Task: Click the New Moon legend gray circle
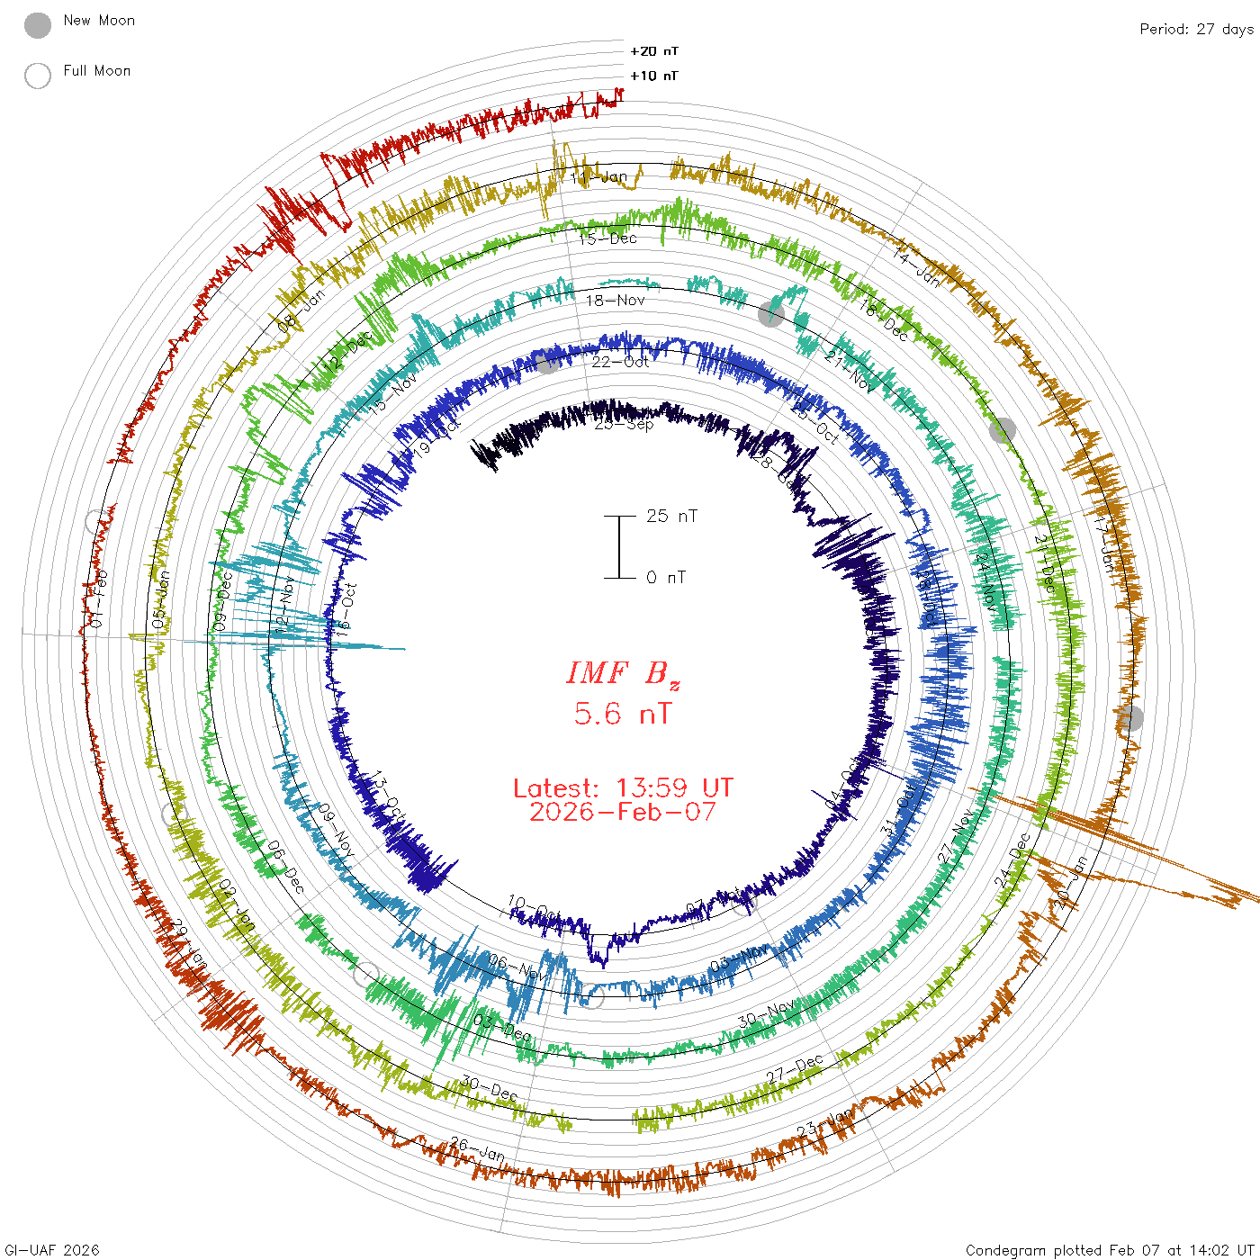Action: coord(38,26)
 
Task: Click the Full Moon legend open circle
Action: coord(38,76)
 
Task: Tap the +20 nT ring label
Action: coord(654,51)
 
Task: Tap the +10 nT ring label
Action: coord(654,76)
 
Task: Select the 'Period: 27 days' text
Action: coord(1196,29)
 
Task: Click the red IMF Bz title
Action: coord(623,673)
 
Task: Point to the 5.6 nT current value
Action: coord(623,715)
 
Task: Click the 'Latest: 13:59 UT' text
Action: coord(623,788)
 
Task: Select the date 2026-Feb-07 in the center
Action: coord(623,812)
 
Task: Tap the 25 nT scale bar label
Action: coord(671,516)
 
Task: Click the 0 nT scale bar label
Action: coord(666,578)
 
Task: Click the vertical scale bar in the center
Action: coord(619,546)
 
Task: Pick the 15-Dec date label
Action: coord(607,238)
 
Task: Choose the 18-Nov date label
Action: coord(616,301)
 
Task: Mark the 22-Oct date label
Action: coord(620,362)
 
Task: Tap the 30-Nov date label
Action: coord(766,1013)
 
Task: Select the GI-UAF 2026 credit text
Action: coord(51,1250)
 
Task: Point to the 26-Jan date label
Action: coord(477,1148)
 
